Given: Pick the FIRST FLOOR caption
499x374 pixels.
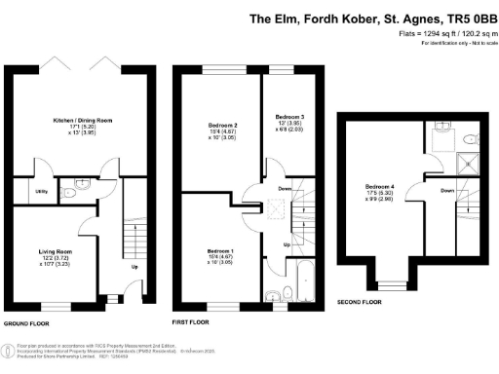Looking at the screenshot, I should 192,321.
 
